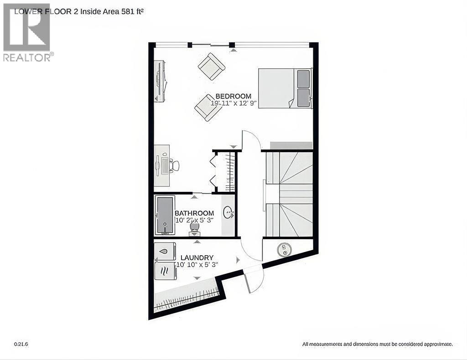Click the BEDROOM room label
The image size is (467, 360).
coord(233,96)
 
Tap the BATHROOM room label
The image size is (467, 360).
coord(194,213)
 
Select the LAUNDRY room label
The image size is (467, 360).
coord(197,257)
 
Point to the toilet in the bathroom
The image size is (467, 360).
coord(194,226)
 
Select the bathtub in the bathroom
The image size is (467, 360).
coord(165,215)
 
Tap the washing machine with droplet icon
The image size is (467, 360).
coord(165,251)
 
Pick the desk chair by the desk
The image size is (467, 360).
coord(174,166)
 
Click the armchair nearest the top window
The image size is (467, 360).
coord(212,67)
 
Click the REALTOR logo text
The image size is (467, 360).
coord(27,57)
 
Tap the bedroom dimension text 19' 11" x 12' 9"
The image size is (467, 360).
coord(234,103)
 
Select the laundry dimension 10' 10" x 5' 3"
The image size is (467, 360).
coord(197,264)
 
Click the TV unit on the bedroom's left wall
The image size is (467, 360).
coord(161,81)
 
